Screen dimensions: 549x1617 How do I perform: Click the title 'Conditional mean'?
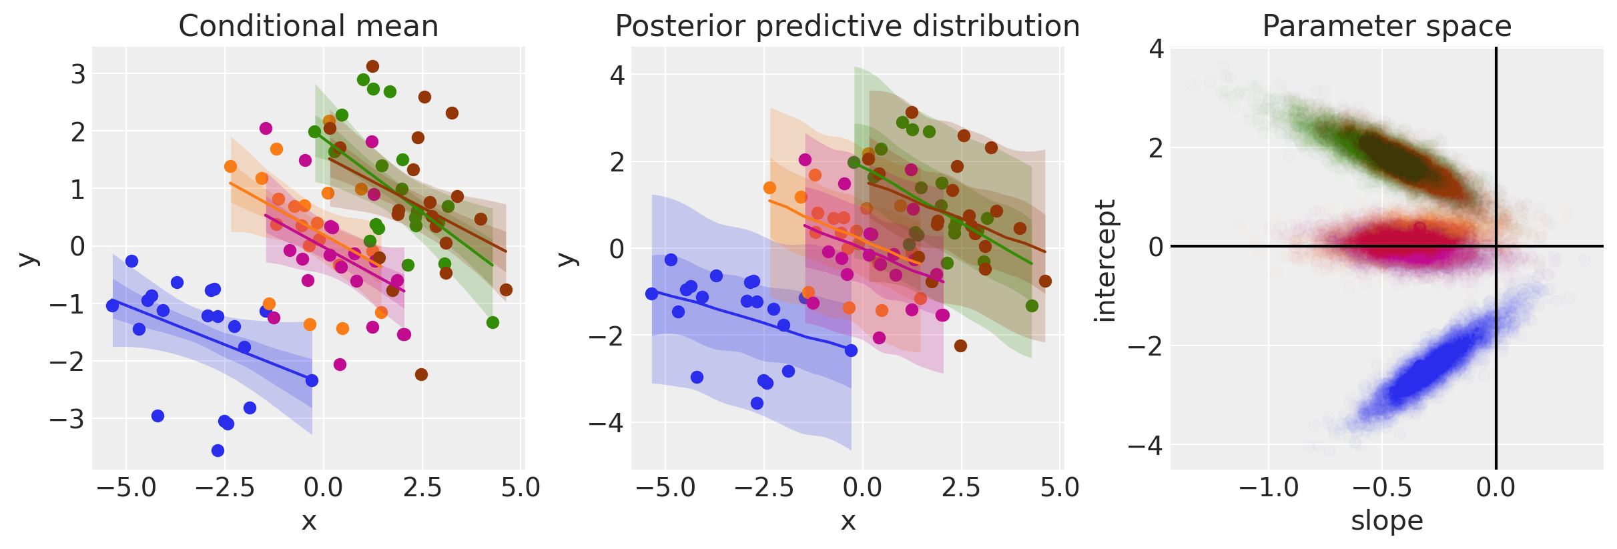(308, 27)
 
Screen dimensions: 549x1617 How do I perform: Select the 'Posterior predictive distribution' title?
(847, 27)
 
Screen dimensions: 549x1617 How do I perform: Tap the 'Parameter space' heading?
(1386, 27)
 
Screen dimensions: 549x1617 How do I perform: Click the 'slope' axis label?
(1386, 521)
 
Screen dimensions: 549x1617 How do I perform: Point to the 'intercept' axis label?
(1106, 260)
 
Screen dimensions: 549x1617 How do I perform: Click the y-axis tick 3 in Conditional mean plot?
(78, 74)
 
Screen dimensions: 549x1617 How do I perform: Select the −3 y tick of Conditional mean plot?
(68, 420)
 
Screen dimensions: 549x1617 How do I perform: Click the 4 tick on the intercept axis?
(1156, 49)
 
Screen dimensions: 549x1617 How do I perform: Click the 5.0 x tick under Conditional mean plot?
(521, 488)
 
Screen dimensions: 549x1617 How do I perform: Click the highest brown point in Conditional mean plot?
(372, 66)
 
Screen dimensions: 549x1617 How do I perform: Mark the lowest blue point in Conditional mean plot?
(218, 450)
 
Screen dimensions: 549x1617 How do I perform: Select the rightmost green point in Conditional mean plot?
(493, 322)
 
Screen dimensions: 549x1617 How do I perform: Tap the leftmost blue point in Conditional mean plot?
(112, 306)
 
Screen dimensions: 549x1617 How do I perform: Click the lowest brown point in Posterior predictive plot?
(960, 346)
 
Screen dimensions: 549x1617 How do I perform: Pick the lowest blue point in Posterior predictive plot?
(757, 403)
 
